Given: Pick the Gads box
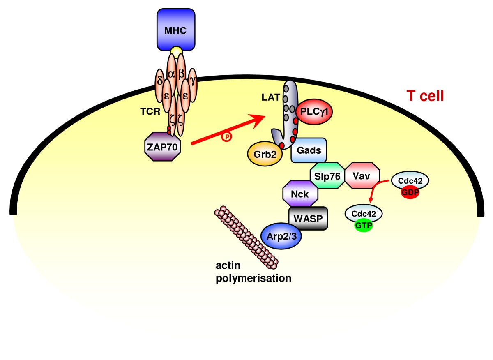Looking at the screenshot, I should point(309,150).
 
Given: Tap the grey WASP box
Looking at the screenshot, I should point(308,218).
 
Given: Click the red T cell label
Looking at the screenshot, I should point(425,96).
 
